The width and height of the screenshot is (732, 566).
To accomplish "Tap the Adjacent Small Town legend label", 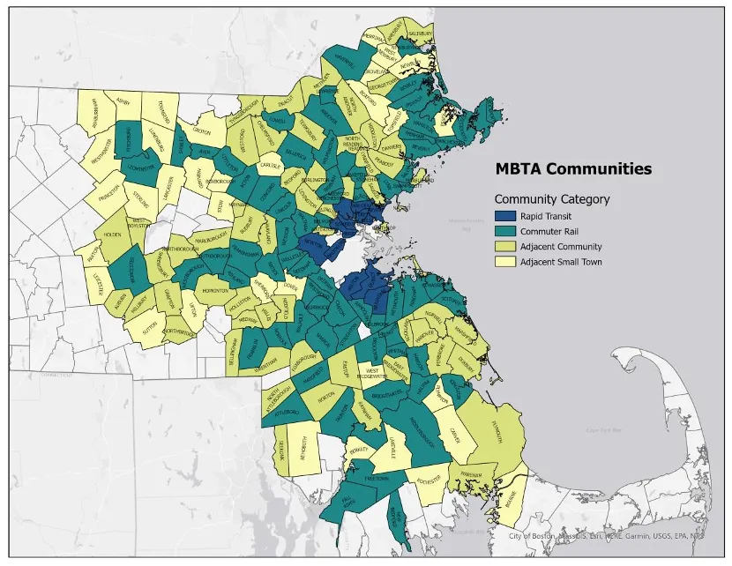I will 561,262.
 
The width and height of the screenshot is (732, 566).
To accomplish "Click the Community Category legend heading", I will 552,199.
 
